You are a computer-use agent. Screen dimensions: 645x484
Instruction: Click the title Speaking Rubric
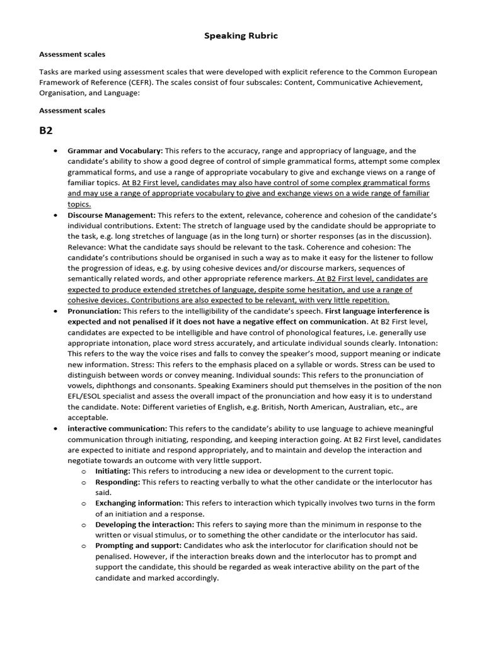point(241,36)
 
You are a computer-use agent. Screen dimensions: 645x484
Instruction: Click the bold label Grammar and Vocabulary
point(115,151)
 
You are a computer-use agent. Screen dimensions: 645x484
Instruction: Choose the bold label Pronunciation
point(94,312)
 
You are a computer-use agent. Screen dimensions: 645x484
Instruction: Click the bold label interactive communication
point(117,428)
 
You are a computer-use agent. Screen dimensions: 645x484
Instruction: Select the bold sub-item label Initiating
point(113,471)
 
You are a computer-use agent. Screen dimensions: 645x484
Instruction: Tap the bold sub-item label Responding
point(118,482)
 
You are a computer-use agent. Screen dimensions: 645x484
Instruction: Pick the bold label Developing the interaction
point(144,525)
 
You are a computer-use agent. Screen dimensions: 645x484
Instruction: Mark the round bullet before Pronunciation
point(55,312)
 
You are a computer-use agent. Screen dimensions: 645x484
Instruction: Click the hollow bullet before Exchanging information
point(83,504)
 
